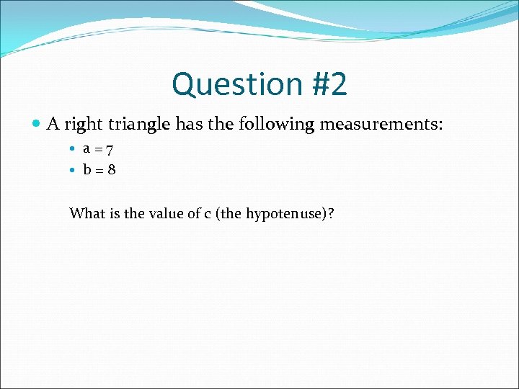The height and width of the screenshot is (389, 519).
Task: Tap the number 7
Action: pos(109,149)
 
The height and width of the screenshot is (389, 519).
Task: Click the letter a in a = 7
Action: pos(86,149)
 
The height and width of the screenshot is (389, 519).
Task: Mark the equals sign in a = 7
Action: pos(98,150)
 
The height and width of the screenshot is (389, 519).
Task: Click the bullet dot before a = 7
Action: pos(72,150)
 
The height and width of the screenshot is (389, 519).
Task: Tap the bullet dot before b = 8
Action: pos(72,171)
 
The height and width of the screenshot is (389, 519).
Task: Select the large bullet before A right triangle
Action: pos(37,125)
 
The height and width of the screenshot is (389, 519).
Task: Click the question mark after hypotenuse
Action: pos(332,213)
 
